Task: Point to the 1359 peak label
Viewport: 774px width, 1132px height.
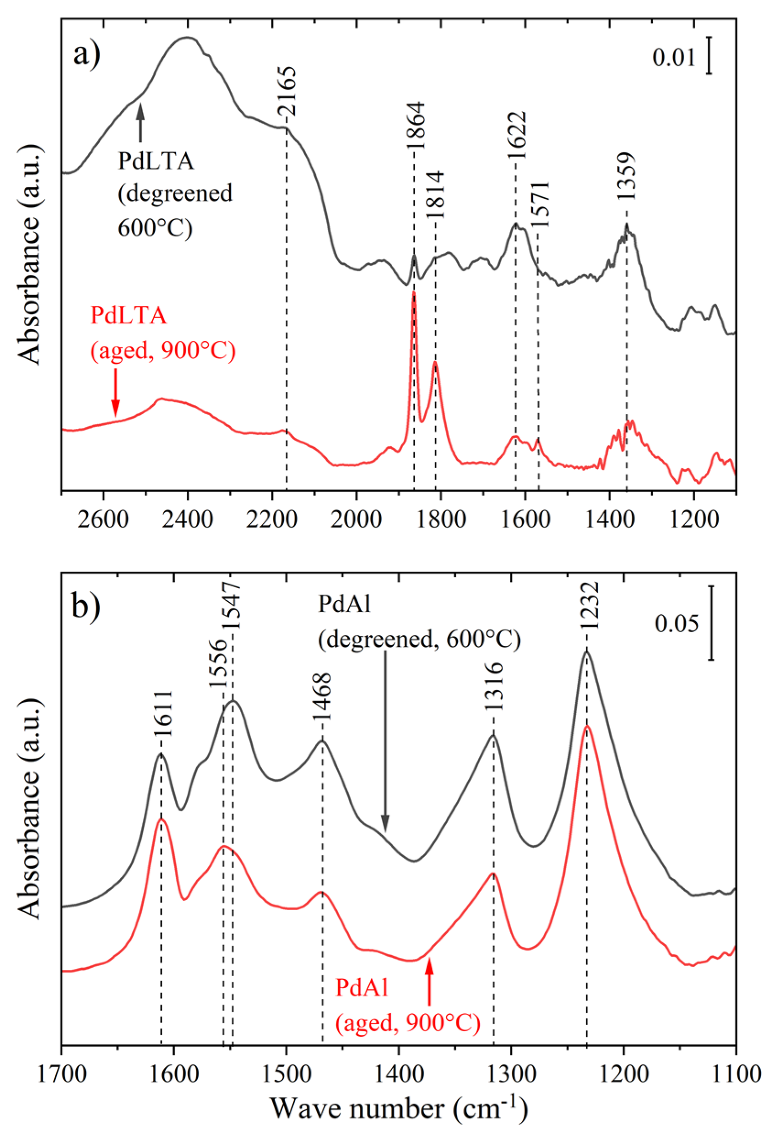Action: (626, 176)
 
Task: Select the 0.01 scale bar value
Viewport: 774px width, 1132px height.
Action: (674, 58)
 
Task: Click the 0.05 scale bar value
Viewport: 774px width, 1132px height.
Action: (676, 623)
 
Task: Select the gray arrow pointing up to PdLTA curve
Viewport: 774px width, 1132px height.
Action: (141, 124)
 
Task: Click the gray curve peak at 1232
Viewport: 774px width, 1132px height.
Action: (587, 653)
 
